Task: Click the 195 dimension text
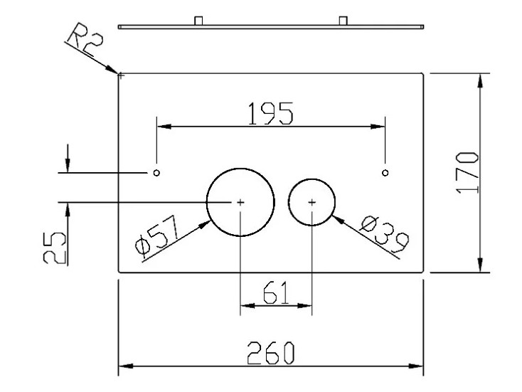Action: (271, 114)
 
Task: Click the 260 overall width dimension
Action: (271, 353)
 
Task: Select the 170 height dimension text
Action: (468, 172)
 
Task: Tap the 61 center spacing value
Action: (275, 292)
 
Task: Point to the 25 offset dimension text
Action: (55, 248)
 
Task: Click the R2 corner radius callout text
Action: (85, 39)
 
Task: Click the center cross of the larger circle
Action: (240, 202)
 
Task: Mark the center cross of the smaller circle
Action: (311, 202)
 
